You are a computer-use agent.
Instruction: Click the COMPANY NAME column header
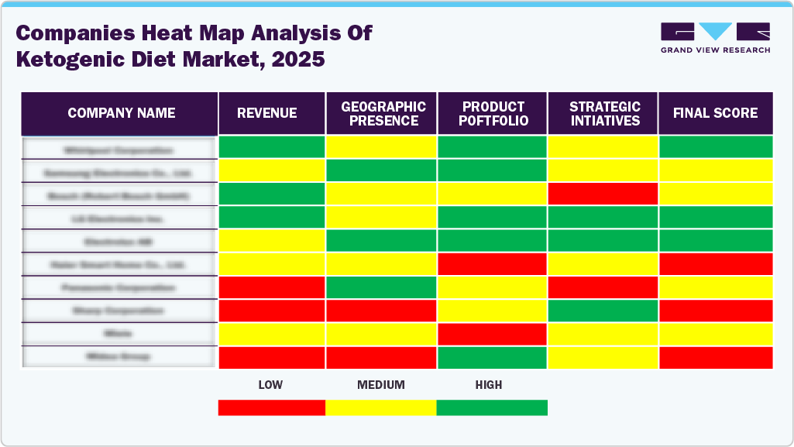121,113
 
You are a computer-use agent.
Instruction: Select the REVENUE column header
266,113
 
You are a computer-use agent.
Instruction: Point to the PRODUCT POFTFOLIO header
493,113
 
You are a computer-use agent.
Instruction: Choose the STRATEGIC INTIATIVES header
604,113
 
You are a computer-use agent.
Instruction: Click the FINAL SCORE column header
715,113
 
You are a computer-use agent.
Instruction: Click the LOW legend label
270,385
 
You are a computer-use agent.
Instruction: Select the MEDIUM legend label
380,385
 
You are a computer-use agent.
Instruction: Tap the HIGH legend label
489,385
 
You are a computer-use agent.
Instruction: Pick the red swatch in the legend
271,407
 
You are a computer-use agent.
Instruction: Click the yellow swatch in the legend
381,407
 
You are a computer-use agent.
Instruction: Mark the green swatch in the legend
492,407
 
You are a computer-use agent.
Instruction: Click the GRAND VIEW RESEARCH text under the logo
715,50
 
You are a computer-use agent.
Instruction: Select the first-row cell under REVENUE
271,146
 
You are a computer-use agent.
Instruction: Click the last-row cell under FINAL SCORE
715,357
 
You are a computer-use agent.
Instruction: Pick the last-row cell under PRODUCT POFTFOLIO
493,357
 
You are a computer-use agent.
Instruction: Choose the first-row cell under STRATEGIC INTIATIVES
603,146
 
